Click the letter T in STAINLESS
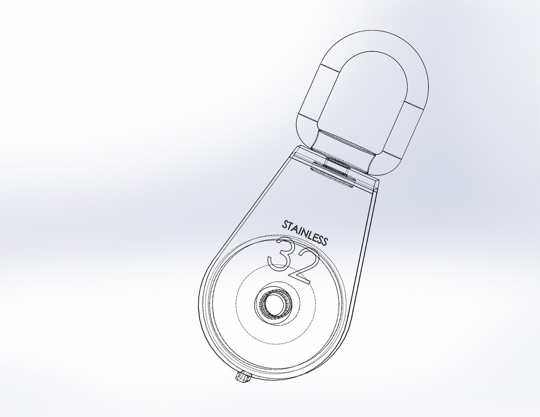coord(290,226)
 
